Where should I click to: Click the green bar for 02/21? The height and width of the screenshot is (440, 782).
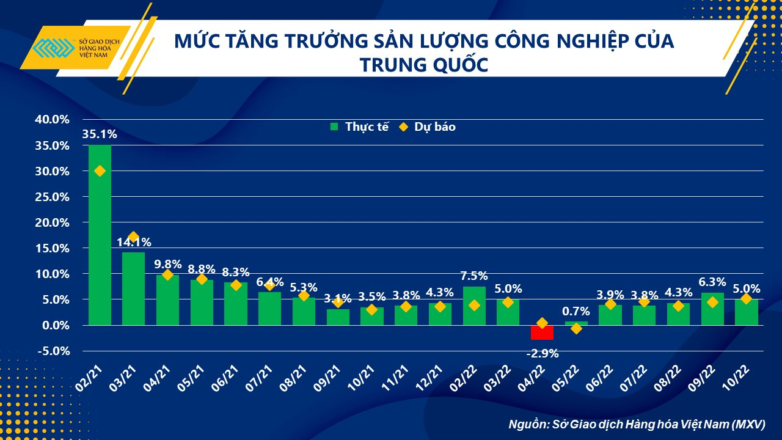pos(100,244)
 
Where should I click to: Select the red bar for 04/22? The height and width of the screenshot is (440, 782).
pos(542,332)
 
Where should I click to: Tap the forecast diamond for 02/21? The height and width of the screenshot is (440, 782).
pos(100,171)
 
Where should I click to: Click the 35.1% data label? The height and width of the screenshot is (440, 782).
pos(100,134)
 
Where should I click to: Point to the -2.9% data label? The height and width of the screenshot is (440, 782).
pos(542,353)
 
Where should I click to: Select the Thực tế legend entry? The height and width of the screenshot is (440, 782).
pos(359,127)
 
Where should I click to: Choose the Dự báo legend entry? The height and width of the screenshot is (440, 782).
pos(427,127)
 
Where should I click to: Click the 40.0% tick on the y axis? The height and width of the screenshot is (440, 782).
pos(52,120)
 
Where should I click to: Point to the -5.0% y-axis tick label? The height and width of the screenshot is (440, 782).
pos(52,351)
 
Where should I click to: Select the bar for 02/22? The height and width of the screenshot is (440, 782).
pos(474,306)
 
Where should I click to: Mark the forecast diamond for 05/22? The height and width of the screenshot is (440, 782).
pos(576,329)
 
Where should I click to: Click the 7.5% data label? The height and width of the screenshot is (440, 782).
pos(474,276)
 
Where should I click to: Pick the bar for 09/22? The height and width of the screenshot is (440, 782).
pos(712,309)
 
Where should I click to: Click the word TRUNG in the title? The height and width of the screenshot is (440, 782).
pos(390,64)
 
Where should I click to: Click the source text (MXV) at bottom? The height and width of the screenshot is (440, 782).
pos(749,424)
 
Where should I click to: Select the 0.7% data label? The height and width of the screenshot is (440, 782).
pos(576,312)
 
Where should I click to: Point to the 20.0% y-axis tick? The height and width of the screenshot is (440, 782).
pos(52,222)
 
